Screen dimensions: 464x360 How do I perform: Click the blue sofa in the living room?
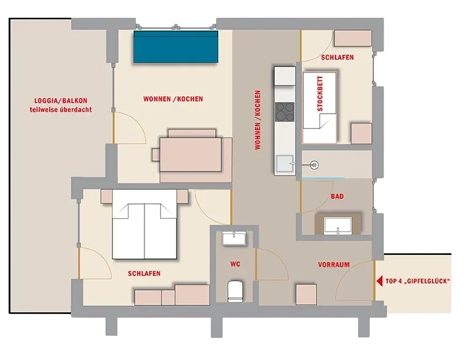[176, 47]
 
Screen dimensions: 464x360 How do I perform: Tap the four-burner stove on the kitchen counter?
[285, 112]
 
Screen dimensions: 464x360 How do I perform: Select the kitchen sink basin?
[285, 163]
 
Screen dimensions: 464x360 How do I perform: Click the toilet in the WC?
[235, 291]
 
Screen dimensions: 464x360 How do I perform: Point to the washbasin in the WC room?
[234, 238]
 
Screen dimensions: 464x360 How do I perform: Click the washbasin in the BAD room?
[338, 226]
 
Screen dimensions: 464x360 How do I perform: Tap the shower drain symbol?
[313, 165]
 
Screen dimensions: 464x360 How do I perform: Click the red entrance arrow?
[379, 281]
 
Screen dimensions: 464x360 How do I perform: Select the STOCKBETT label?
[320, 94]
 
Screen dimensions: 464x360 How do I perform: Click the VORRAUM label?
[334, 264]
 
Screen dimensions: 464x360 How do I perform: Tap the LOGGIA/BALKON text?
[61, 101]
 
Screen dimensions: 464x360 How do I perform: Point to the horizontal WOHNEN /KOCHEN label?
[173, 99]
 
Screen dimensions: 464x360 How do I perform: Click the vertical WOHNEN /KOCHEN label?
[258, 120]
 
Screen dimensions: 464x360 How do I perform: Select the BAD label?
[337, 197]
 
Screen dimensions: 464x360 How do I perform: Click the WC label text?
[235, 264]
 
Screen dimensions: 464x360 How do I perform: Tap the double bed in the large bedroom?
[144, 224]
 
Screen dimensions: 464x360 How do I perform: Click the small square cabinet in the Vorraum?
[306, 294]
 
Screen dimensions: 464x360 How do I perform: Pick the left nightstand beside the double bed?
[106, 197]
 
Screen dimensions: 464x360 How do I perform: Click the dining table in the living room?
[191, 154]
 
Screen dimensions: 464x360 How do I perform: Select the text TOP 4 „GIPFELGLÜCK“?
[417, 281]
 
